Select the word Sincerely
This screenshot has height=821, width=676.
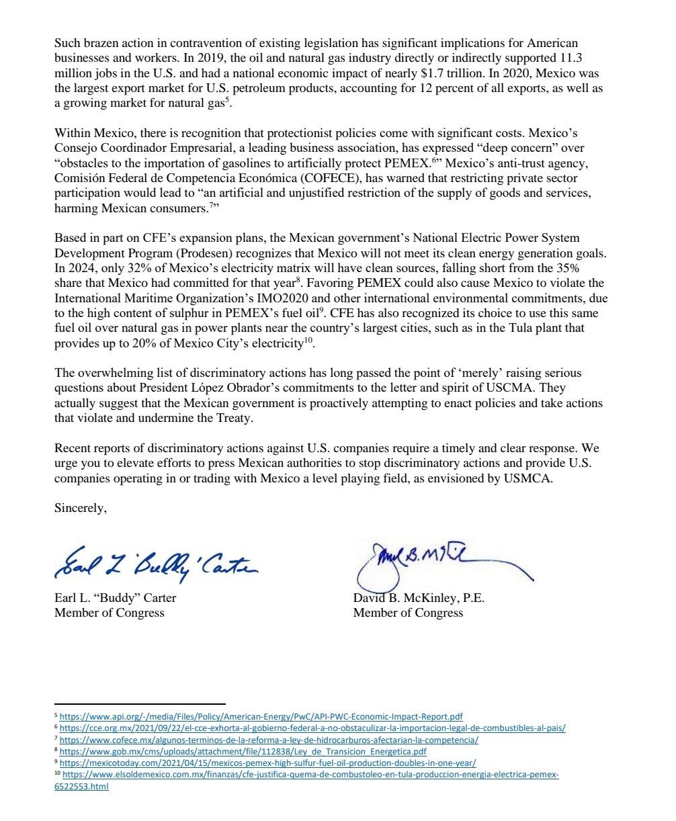pyautogui.click(x=80, y=508)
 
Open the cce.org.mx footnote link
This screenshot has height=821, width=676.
pyautogui.click(x=312, y=728)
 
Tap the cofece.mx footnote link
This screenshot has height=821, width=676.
pyautogui.click(x=269, y=740)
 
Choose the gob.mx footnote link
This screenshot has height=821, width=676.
pyautogui.click(x=243, y=752)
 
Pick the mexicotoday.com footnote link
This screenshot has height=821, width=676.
pyautogui.click(x=267, y=763)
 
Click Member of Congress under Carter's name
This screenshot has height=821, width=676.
pyautogui.click(x=109, y=613)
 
